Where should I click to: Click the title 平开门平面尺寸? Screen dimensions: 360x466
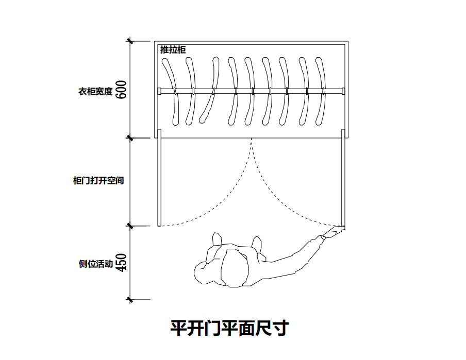[x=229, y=328]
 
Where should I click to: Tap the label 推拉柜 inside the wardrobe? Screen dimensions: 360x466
[x=173, y=50]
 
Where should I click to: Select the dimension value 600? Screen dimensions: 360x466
[x=121, y=91]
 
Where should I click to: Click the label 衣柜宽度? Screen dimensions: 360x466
[x=95, y=92]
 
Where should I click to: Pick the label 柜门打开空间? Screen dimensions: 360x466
[x=98, y=181]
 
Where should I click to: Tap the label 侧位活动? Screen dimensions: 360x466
[x=95, y=264]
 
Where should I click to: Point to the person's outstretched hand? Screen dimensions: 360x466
[x=333, y=233]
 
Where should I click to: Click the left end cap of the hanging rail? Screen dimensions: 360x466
[x=160, y=92]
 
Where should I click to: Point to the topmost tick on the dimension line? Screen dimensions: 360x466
[x=130, y=42]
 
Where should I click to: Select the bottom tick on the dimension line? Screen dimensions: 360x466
[x=130, y=299]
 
